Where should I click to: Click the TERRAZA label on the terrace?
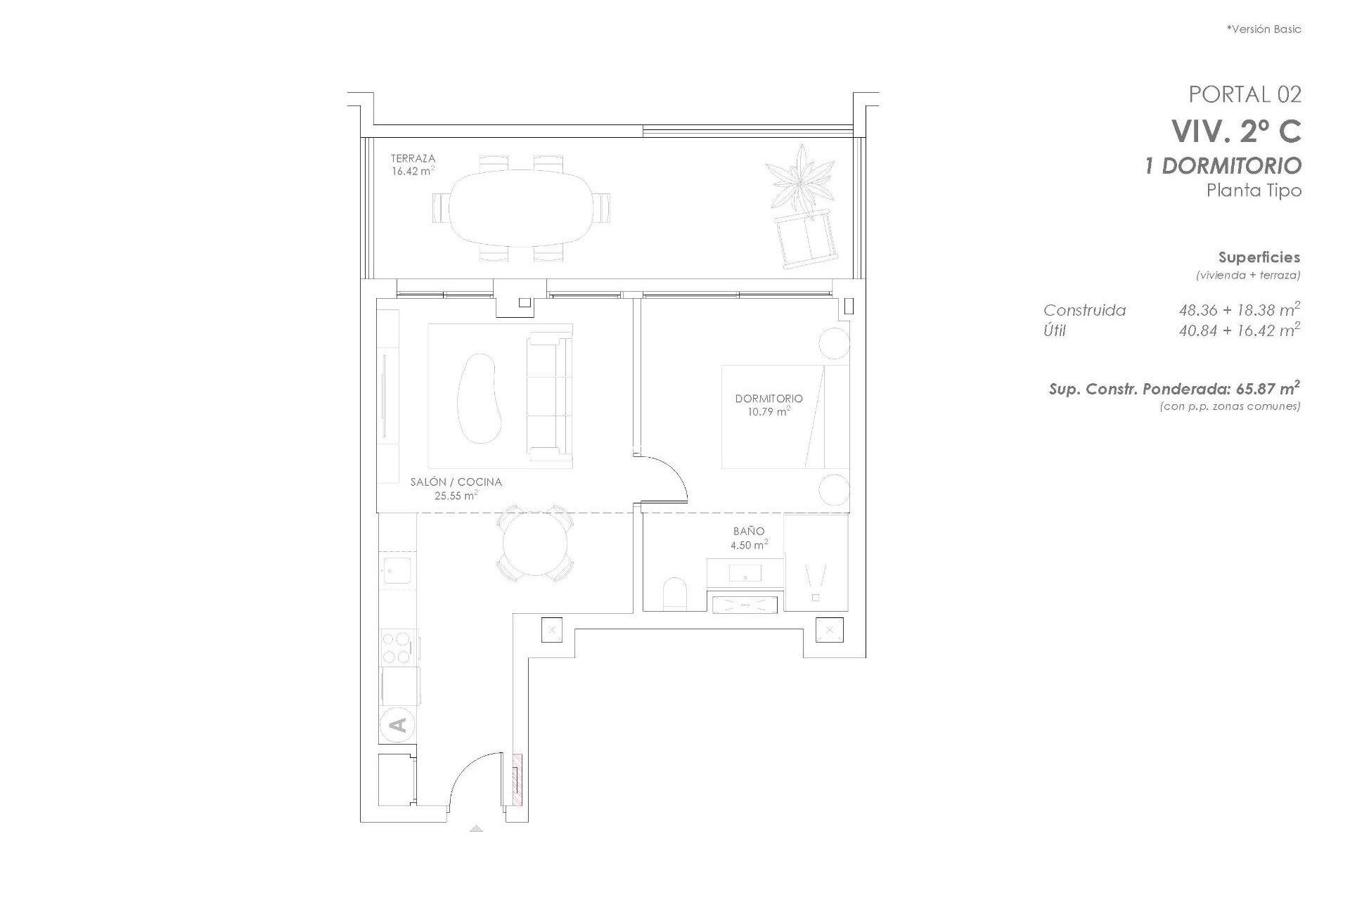pos(413,159)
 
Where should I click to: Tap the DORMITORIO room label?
pos(769,399)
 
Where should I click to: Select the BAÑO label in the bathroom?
pos(748,532)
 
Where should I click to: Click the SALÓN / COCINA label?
pos(456,482)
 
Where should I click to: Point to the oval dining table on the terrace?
pos(521,208)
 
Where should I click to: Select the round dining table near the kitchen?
pos(535,543)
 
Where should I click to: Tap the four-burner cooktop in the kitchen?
pos(396,648)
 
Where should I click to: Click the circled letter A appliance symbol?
pos(397,724)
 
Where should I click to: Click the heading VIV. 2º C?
pos(1235,131)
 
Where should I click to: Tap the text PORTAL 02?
pos(1245,94)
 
